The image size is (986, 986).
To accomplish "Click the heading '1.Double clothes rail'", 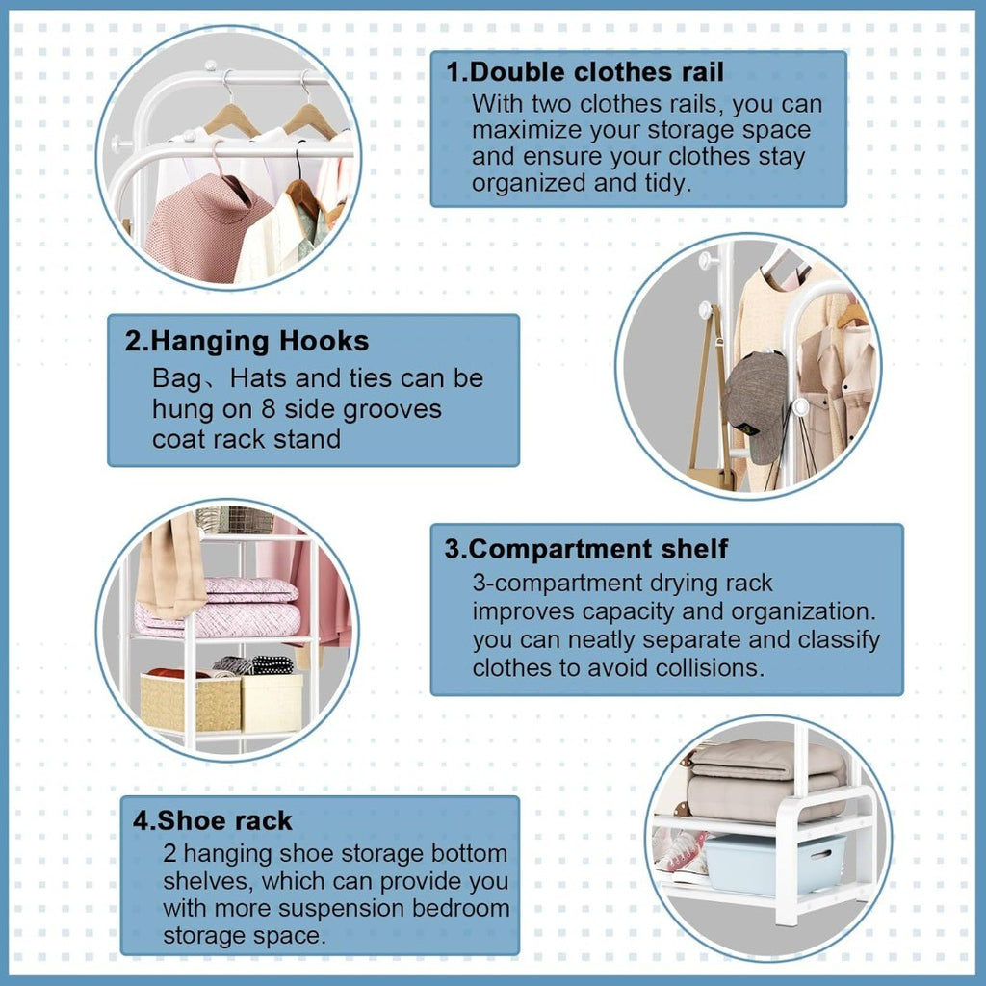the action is point(584,72).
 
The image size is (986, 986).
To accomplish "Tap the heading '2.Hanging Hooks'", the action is point(246,342).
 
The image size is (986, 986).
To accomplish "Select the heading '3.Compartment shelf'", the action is point(586,549).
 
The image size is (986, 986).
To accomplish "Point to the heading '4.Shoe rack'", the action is point(213,820).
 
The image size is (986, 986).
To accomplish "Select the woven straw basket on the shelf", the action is point(190,701).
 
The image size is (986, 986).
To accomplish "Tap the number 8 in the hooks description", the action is point(269,409).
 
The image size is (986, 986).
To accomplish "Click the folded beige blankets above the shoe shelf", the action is point(765,780).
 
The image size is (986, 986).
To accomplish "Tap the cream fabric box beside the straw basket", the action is point(272,703).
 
